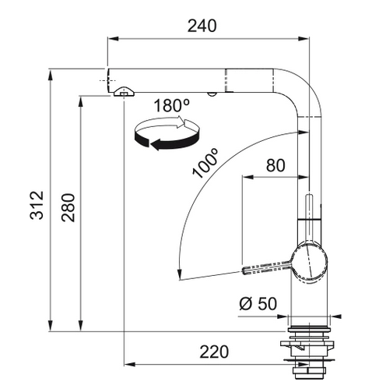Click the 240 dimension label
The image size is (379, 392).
(x=202, y=26)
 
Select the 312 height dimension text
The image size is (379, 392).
(x=37, y=205)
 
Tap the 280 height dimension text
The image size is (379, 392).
(x=68, y=207)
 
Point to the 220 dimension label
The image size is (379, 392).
(x=214, y=351)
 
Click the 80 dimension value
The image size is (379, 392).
(x=275, y=165)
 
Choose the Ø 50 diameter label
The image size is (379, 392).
(x=258, y=303)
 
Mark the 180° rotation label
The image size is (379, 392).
(x=172, y=105)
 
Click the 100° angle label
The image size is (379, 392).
(x=205, y=163)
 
